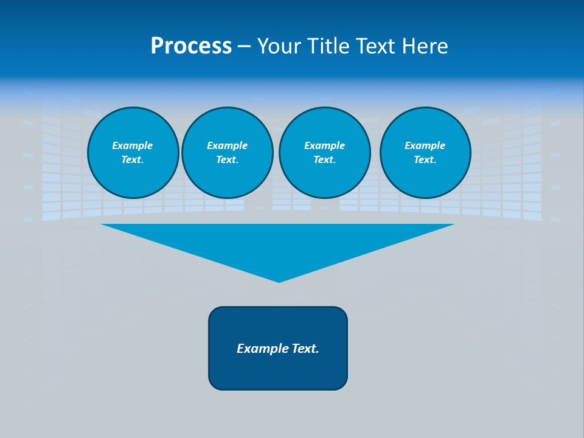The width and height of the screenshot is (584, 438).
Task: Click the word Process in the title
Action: (x=191, y=46)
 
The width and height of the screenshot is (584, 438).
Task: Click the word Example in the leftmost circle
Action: (x=133, y=145)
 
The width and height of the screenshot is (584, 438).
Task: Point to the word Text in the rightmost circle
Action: (x=424, y=159)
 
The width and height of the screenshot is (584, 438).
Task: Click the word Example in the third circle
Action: (x=324, y=145)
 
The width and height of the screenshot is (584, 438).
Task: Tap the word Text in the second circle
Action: (x=226, y=159)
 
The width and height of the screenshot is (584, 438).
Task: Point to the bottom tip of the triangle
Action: (x=279, y=281)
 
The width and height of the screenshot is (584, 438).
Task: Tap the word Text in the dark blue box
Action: (x=306, y=349)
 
